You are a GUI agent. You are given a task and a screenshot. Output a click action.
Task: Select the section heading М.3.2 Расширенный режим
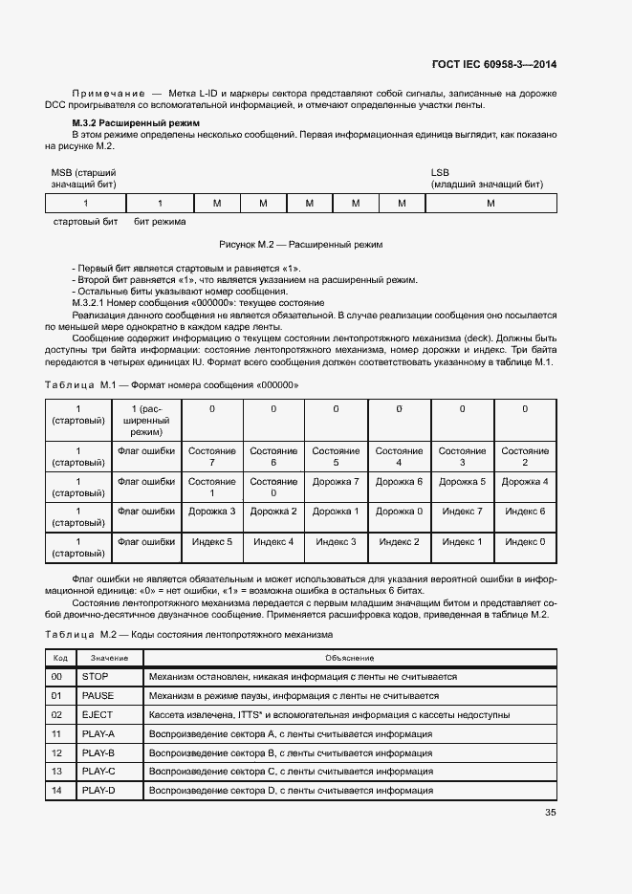pos(135,124)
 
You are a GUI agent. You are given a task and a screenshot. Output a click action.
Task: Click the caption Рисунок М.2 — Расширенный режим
pos(301,245)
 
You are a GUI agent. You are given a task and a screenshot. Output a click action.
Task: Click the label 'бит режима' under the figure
pos(160,221)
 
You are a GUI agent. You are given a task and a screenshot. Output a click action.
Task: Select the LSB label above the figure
pos(440,172)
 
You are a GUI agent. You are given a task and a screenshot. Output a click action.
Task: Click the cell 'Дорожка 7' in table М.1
pos(336,482)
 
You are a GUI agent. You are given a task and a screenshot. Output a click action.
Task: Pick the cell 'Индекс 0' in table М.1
pos(524,542)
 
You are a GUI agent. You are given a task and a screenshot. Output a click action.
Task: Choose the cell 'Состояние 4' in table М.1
pos(399,457)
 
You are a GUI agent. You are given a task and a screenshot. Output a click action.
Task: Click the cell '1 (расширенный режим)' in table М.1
pos(146,421)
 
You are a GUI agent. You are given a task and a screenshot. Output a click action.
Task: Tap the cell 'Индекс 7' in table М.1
pos(462,512)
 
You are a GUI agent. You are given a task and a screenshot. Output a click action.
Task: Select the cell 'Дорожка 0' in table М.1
pos(399,512)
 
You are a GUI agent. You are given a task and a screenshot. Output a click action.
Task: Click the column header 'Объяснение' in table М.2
pos(349,658)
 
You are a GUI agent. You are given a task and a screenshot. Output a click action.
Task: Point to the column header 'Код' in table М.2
pos(59,658)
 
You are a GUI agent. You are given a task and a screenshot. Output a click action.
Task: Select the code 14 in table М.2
pos(57,790)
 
